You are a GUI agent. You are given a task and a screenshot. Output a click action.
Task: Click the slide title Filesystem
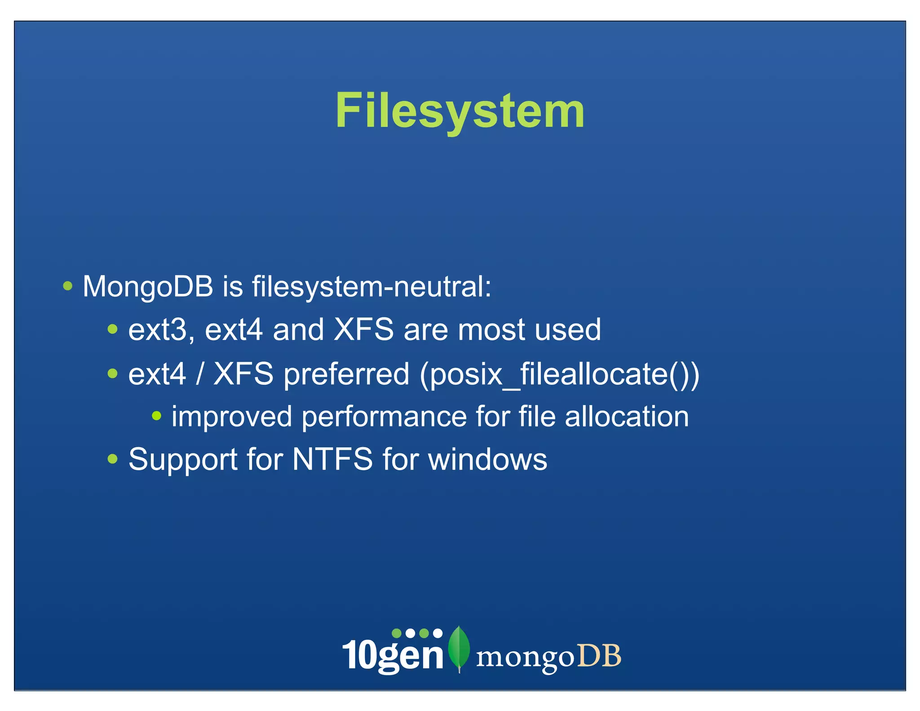tap(460, 111)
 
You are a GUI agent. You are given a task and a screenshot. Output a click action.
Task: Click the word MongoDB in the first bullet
tap(148, 286)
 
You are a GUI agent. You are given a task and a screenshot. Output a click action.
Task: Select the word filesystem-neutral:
tap(372, 286)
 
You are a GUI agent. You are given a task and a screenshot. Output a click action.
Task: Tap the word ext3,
tap(161, 330)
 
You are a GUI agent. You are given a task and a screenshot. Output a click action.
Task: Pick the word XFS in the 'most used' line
tap(364, 329)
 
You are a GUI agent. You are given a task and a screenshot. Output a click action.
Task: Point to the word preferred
tap(346, 374)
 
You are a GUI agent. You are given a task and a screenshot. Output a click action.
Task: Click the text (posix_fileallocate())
tap(559, 374)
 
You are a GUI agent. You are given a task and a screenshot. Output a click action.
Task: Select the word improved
tap(232, 417)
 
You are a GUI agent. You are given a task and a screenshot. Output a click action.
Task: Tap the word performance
tap(384, 417)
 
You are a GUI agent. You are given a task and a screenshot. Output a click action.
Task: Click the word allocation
tap(627, 417)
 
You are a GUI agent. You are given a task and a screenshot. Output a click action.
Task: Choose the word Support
tap(183, 459)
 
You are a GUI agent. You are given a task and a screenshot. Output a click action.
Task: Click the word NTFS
tap(332, 459)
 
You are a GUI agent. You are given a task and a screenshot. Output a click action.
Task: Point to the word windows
tap(488, 459)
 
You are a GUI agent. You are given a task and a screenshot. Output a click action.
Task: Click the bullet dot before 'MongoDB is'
tap(68, 286)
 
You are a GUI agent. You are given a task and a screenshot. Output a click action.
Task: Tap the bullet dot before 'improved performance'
tap(156, 416)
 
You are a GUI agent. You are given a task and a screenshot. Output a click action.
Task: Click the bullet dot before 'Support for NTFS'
tap(113, 459)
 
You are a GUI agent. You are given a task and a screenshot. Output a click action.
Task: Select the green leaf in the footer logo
tap(459, 648)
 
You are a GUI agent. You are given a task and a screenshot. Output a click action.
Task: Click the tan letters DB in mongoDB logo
tap(599, 656)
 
